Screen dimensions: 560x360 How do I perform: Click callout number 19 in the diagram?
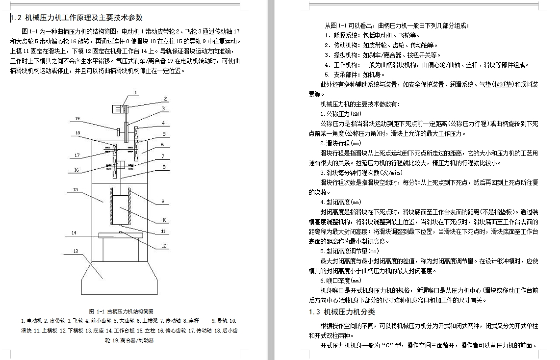(77, 118)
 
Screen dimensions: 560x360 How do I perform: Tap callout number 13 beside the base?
(76, 251)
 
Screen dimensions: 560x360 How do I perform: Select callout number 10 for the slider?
(165, 220)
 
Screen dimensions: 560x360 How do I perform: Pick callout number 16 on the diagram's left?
(76, 170)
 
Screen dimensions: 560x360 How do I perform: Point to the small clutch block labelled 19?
(119, 132)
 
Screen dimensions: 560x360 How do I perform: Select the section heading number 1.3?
(314, 312)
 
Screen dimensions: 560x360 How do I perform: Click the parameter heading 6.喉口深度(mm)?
(341, 281)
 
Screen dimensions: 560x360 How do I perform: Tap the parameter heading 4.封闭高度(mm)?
(341, 202)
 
